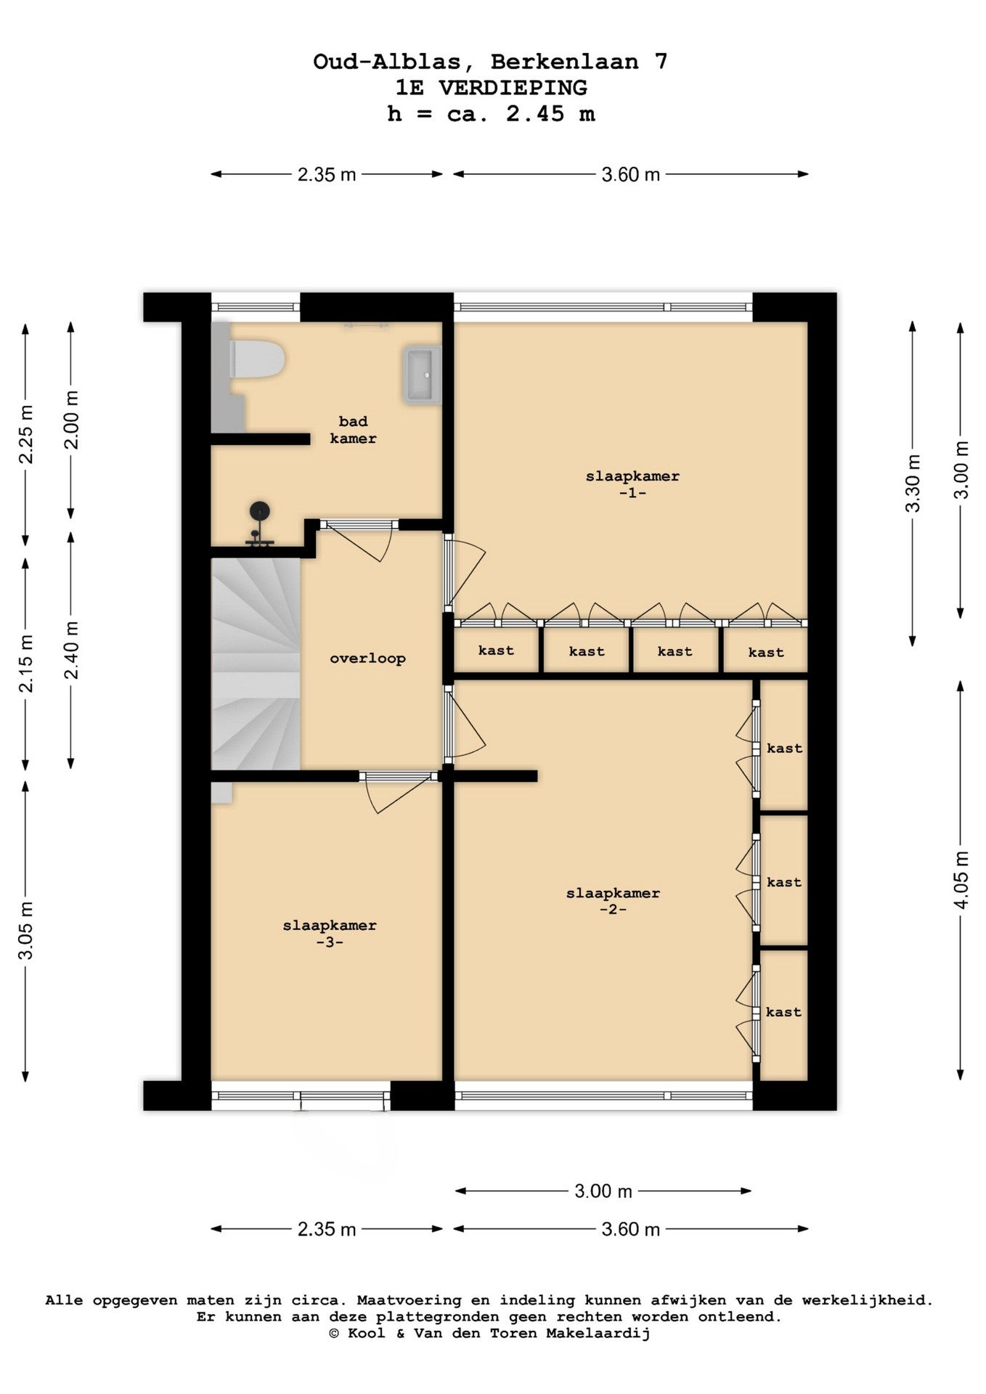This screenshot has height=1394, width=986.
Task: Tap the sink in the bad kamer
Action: tap(423, 375)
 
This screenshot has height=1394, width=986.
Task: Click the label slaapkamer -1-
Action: tap(632, 484)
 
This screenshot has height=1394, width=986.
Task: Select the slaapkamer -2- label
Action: tap(613, 901)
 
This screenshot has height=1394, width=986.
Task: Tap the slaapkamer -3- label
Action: tap(330, 934)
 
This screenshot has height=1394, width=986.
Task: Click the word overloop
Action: tap(367, 659)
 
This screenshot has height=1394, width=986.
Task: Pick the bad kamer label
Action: tap(354, 430)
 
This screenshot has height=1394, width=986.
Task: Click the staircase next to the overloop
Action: tap(256, 664)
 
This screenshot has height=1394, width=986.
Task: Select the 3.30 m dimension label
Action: tap(913, 484)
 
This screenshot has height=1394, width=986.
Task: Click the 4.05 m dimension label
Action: tap(961, 880)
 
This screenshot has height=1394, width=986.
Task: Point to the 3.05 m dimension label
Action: tap(26, 931)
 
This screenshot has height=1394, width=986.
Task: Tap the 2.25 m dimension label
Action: tap(26, 434)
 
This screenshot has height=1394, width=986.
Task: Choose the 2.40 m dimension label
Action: tap(71, 650)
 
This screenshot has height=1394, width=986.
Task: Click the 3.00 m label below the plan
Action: tap(603, 1191)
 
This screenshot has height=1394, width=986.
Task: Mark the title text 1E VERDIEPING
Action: tap(491, 88)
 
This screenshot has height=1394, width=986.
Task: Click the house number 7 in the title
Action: tap(661, 62)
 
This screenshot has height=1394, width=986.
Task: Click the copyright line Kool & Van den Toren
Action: tap(490, 1333)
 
